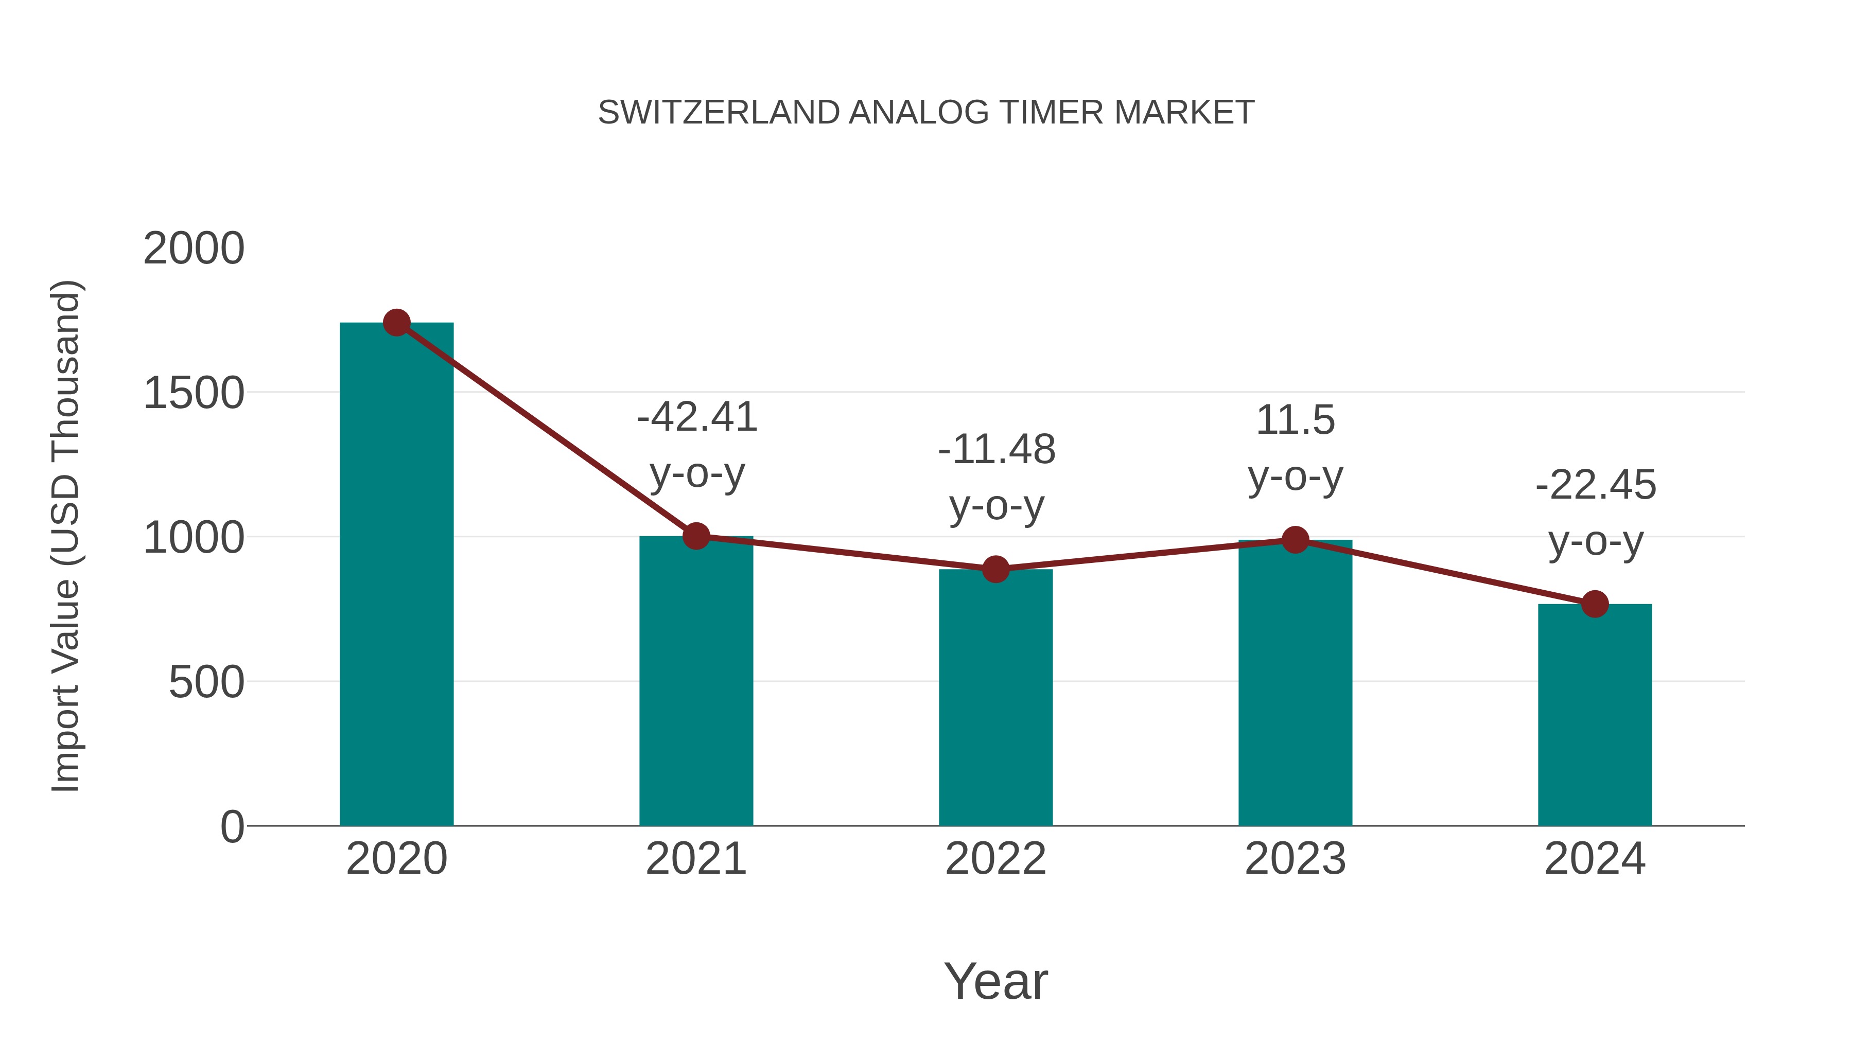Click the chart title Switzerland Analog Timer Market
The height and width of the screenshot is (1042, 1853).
pos(926,113)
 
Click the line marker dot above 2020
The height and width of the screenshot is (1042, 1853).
pos(396,323)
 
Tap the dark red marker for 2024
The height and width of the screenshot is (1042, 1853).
pos(1595,604)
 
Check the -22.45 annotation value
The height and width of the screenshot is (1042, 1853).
pos(1596,485)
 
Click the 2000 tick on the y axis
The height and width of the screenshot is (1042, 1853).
pos(194,249)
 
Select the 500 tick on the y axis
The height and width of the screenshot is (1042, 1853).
pos(206,682)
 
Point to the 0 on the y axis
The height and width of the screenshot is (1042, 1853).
pos(232,826)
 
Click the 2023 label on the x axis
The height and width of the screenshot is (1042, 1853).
pos(1295,859)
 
